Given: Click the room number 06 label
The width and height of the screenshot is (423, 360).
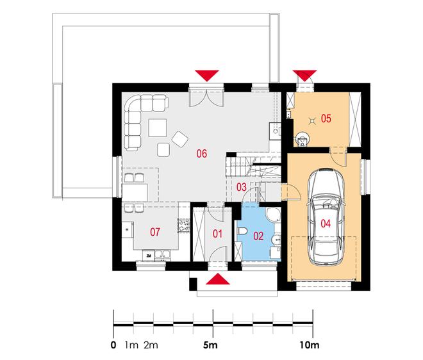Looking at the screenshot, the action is coord(201,154).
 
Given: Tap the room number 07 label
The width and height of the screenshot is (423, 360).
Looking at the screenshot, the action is coord(155,232).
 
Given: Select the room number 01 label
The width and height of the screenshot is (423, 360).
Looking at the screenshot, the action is coord(217,234).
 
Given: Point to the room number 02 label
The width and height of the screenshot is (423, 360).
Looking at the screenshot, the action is coord(258,236).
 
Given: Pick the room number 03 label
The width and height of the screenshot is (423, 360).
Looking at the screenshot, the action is coord(242,187).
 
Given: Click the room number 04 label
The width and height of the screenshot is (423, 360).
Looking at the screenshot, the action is coord(326,224).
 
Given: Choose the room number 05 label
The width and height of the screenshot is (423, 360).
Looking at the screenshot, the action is coord(326,118).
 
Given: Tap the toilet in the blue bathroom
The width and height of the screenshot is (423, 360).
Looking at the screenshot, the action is coord(242,231).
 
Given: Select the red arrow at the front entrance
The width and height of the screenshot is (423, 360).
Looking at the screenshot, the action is coord(218,279).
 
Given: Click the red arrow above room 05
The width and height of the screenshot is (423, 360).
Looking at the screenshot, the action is coord(304,75).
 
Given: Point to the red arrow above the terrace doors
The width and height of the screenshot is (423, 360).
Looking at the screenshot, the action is coord(207,76).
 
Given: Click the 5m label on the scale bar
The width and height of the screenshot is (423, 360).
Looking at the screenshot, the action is coord(210,345).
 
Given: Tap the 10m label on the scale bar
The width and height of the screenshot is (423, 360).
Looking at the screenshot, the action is coord(310,345).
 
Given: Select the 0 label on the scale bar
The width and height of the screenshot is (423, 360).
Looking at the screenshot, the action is coord(113,345).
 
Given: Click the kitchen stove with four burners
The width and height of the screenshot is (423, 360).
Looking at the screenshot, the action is coord(183,226).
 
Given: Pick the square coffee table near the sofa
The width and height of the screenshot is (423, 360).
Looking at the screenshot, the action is coord(157,127).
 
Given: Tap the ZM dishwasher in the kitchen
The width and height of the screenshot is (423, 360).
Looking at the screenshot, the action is coord(149,256).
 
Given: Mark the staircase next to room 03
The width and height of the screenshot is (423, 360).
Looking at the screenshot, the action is coord(253,167).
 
